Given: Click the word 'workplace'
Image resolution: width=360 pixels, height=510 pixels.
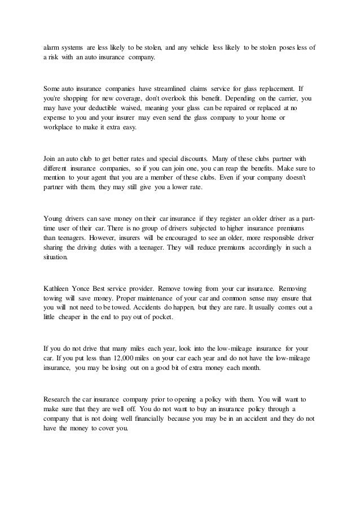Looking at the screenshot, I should (x=60, y=128).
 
